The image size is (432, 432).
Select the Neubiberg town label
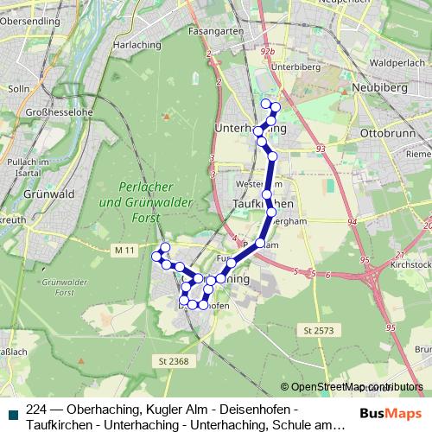(x=374, y=90)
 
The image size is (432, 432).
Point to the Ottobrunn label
(x=385, y=135)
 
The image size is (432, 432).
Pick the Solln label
(x=17, y=87)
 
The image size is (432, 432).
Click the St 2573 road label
(x=319, y=331)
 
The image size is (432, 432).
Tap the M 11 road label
(x=124, y=250)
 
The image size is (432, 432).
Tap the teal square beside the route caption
(x=12, y=413)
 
